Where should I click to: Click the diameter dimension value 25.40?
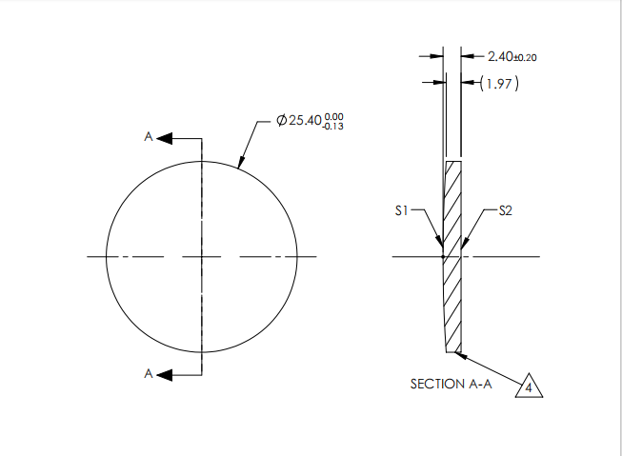pyautogui.click(x=304, y=122)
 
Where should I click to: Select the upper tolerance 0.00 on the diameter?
pyautogui.click(x=334, y=116)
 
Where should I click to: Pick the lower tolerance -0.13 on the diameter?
pyautogui.click(x=333, y=127)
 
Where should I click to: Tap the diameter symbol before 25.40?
pyautogui.click(x=281, y=122)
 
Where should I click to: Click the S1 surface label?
pyautogui.click(x=403, y=211)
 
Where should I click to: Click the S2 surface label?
pyautogui.click(x=506, y=211)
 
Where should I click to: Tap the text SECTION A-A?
pyautogui.click(x=451, y=385)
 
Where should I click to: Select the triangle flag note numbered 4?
pyautogui.click(x=529, y=387)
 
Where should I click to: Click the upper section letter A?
pyautogui.click(x=148, y=138)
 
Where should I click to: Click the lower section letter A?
pyautogui.click(x=148, y=374)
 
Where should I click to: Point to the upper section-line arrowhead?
pyautogui.click(x=165, y=138)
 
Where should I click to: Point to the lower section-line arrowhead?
pyautogui.click(x=165, y=374)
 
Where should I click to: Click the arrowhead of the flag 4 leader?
pyautogui.click(x=460, y=353)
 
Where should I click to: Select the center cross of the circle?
pyautogui.click(x=201, y=256)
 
